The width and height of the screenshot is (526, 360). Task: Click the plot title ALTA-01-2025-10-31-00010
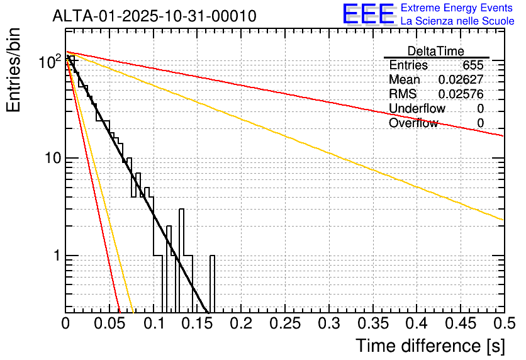point(154,16)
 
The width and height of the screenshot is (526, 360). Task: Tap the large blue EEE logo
point(369,14)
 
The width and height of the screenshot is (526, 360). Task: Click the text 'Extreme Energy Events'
point(457,8)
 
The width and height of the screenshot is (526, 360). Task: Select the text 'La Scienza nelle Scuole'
point(457,21)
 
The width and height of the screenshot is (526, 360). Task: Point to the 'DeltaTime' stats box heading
point(435,51)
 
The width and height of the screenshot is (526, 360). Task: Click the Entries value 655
point(473,65)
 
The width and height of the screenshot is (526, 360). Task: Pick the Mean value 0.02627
point(461,79)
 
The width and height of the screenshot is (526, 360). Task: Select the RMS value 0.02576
point(461,94)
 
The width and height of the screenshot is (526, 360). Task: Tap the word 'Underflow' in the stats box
point(417,108)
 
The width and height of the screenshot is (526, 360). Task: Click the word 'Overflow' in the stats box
point(413,123)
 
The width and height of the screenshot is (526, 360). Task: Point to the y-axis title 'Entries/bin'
point(13,70)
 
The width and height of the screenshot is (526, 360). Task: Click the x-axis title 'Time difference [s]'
point(430,346)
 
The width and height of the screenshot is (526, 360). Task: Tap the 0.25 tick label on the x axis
point(285,323)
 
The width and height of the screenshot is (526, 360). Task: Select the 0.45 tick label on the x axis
point(461,323)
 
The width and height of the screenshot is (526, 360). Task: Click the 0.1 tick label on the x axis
point(154,323)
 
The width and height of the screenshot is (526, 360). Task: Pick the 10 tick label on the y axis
point(53,158)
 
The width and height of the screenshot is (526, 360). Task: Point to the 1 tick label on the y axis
point(57,256)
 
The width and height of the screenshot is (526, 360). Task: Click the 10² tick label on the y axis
point(50,62)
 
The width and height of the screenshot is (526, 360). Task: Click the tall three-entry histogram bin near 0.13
point(181,261)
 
